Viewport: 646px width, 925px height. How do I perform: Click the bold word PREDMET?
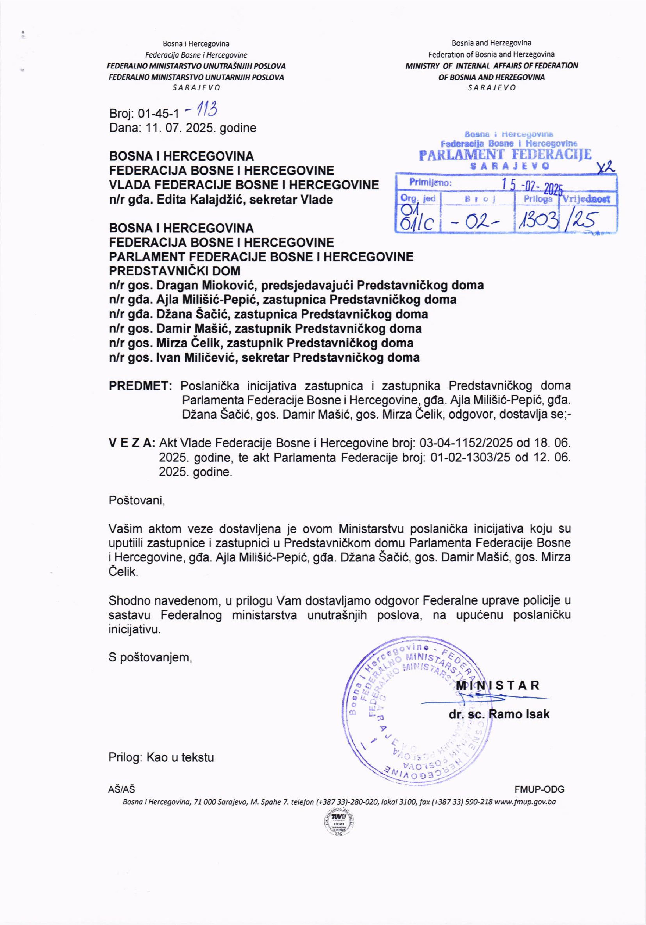[x=140, y=386]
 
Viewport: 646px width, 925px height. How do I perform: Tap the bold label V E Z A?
[x=132, y=443]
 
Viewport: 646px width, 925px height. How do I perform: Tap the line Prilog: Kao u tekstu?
[x=161, y=757]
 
